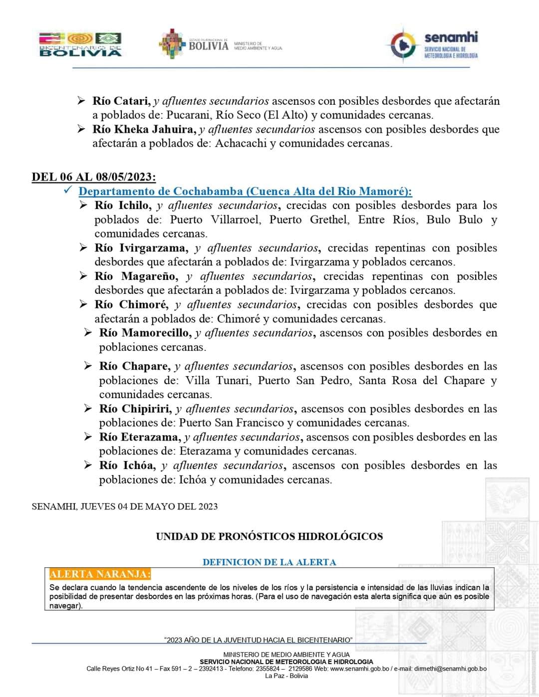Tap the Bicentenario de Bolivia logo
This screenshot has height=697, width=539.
point(80,44)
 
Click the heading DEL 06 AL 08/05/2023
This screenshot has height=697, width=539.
point(93,177)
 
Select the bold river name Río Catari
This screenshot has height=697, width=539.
point(121,101)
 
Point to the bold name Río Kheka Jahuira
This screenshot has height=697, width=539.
point(144,130)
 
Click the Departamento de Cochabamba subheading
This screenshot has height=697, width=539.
point(245,192)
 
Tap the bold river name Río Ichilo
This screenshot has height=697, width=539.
point(122,206)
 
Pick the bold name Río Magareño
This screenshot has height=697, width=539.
point(136,276)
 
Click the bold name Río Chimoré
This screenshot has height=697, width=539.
point(131,305)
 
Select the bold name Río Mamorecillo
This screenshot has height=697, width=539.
point(145,333)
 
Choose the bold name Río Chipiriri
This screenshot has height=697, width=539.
point(135,409)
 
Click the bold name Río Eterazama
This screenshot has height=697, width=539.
point(140,438)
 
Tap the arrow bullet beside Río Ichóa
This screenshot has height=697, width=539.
point(88,465)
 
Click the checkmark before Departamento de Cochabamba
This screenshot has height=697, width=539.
point(69,191)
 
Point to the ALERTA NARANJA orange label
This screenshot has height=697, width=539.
point(100,574)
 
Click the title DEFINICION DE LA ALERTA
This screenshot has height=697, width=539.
point(269,562)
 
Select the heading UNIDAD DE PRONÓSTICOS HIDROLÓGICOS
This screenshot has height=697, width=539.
point(269,537)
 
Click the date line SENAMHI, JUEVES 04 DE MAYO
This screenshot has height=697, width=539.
point(124,506)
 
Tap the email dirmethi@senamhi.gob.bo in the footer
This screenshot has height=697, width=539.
point(450,669)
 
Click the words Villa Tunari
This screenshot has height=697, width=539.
point(217,381)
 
